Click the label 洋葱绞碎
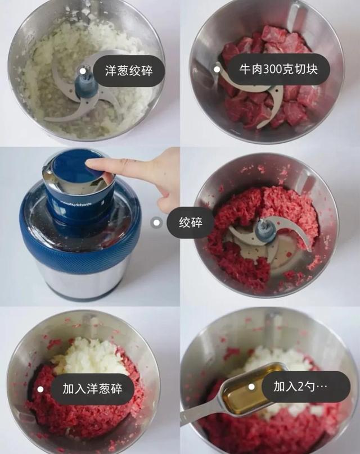[128, 71]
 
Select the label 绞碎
[191, 223]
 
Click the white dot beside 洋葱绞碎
[83, 71]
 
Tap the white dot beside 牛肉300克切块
[217, 69]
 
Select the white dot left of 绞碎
[157, 223]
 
